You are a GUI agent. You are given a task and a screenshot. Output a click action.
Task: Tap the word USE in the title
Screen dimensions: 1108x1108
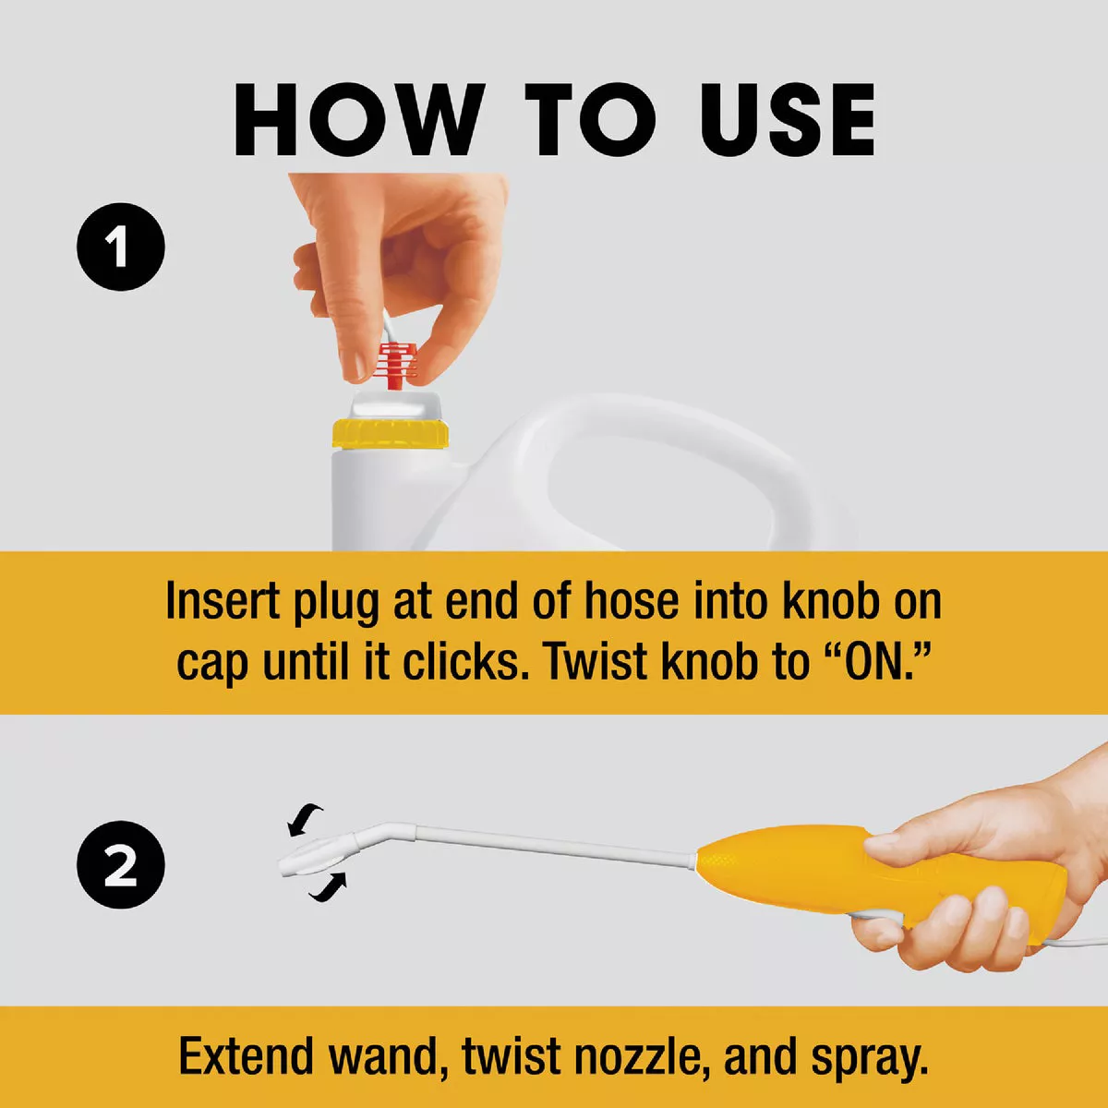(x=786, y=120)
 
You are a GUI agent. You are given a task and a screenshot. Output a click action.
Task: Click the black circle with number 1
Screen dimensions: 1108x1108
(x=120, y=247)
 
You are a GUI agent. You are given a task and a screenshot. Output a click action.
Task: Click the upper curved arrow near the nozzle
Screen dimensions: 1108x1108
(x=306, y=818)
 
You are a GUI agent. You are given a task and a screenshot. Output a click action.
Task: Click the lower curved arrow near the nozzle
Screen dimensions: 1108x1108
(x=329, y=886)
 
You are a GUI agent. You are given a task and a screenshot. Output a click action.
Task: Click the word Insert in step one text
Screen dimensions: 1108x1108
(x=223, y=602)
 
